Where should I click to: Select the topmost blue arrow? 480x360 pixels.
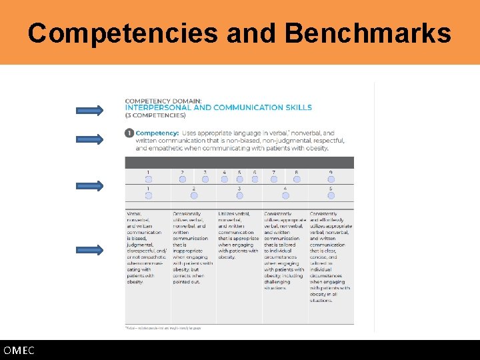point(89,110)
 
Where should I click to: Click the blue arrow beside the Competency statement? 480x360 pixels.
point(89,139)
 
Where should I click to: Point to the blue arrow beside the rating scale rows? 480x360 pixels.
point(89,186)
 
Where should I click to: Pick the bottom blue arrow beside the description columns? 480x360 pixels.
point(89,250)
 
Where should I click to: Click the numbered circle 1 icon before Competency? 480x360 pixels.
point(129,133)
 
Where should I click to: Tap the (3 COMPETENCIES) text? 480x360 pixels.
point(155,115)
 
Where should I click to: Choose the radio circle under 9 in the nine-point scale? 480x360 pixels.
point(331,179)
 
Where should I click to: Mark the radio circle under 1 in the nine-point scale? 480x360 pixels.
point(148,179)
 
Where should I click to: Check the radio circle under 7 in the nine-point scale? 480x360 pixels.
point(273,179)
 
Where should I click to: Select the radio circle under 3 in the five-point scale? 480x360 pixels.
point(239,195)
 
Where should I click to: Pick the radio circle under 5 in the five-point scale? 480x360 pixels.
point(331,195)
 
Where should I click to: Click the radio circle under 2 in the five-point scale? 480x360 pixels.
point(194,195)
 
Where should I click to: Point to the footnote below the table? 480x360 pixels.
point(163,327)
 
